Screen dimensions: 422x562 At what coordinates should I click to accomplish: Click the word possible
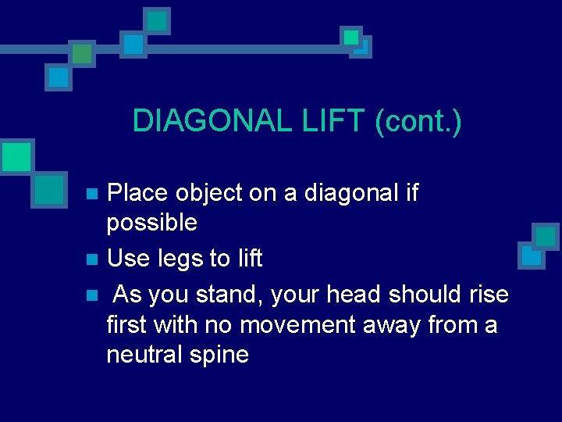(152, 224)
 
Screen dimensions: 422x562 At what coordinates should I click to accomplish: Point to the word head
(350, 295)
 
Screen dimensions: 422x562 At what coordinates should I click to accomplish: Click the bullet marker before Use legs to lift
(91, 259)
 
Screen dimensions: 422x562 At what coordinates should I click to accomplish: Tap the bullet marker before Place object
(91, 193)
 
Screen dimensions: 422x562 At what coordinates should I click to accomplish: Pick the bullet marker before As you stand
(91, 295)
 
